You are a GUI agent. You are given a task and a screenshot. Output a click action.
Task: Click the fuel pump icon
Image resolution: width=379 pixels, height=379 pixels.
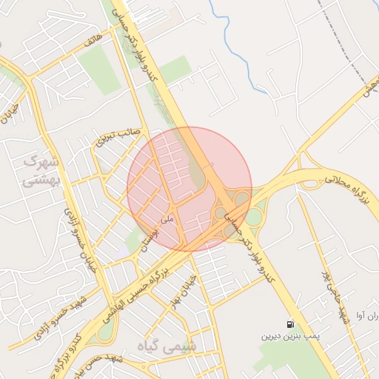tap(289, 324)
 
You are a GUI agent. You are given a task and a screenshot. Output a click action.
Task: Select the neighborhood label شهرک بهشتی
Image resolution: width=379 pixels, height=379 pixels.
tap(41, 170)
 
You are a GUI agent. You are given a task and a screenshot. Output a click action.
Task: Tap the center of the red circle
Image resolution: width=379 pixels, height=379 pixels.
tap(189, 189)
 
